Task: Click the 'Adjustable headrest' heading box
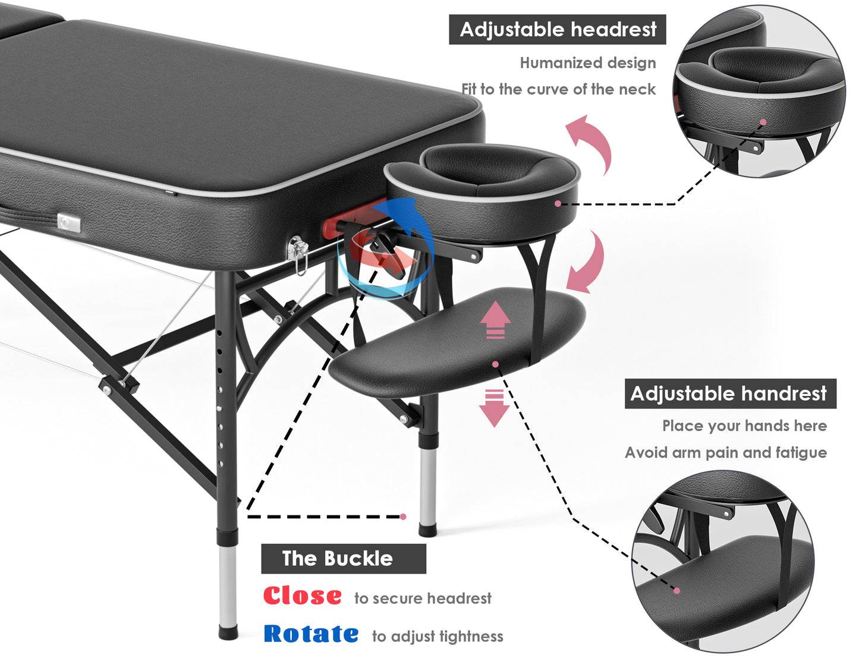pos(557,30)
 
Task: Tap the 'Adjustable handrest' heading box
pos(731,394)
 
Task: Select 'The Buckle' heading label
pos(344,559)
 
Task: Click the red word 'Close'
pos(303,596)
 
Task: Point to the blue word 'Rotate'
pos(311,634)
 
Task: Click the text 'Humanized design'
pos(588,63)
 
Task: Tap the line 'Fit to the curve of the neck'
pos(559,89)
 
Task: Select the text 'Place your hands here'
pos(745,426)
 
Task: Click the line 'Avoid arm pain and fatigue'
pos(726,452)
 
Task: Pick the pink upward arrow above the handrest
pos(495,320)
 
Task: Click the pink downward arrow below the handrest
pos(494,408)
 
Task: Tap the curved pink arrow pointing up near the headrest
pos(591,142)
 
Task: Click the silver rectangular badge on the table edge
pos(69,224)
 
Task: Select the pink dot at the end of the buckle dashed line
pos(403,517)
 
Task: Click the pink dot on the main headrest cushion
pos(558,204)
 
